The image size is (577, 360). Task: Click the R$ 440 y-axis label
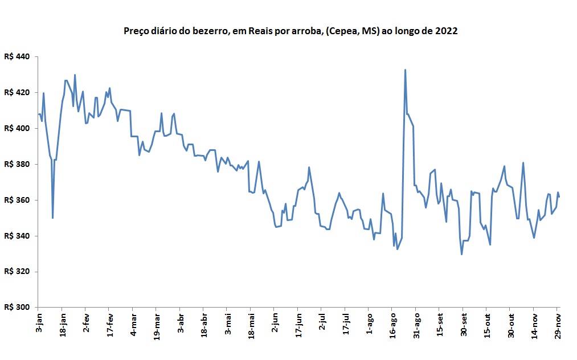(17, 57)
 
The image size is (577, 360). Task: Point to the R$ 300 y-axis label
(17, 307)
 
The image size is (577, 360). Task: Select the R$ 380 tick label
(17, 164)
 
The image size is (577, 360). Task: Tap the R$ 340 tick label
(17, 236)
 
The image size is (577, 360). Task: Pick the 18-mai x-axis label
(251, 324)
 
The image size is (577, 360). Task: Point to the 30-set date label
(464, 324)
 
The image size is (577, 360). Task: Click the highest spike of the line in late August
(405, 70)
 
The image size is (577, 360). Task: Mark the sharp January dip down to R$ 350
(52, 218)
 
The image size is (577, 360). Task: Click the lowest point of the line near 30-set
(461, 254)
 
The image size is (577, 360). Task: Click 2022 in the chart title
(447, 31)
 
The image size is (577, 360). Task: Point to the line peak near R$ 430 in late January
(75, 75)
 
